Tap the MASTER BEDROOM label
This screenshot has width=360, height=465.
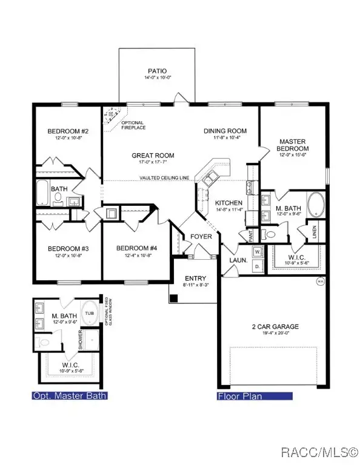[x=293, y=145]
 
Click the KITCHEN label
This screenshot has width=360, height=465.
[x=228, y=203]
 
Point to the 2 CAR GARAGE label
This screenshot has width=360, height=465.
[x=275, y=327]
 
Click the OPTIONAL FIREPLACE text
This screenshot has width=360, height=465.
[x=132, y=126]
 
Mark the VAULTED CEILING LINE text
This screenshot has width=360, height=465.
[x=165, y=178]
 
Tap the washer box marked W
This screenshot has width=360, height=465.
[x=257, y=251]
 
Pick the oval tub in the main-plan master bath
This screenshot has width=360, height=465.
[x=316, y=205]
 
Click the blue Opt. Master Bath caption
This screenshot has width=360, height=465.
[x=70, y=396]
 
